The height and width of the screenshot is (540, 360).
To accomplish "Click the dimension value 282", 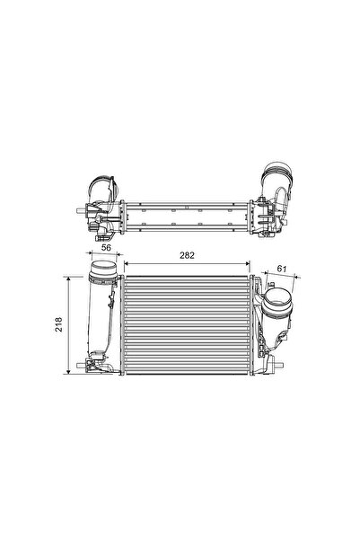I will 185,256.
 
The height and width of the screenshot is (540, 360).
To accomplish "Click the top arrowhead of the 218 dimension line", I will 70,279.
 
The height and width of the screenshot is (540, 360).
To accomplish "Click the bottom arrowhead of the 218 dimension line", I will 70,372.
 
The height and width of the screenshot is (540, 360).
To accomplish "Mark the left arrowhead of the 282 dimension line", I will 125,263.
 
